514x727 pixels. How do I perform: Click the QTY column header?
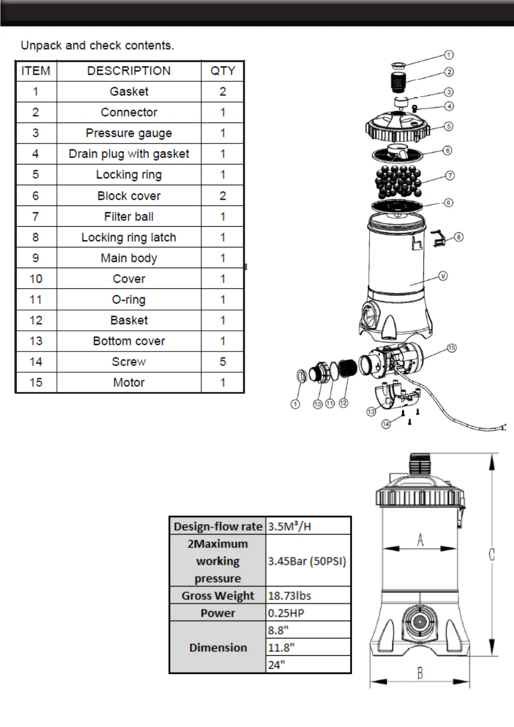coord(223,71)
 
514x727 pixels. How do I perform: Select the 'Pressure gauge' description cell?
coord(129,133)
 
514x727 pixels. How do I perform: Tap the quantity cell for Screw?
coord(223,362)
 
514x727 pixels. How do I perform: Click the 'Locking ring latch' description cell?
coord(129,237)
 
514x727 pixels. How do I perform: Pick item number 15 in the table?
coord(36,382)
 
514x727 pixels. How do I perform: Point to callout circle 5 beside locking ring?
coord(449,126)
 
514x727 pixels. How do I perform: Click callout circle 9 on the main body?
coord(443,275)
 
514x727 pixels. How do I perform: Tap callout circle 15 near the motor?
coord(452,348)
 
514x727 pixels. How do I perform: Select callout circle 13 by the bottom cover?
coord(371,411)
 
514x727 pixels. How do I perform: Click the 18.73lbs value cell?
coord(307,596)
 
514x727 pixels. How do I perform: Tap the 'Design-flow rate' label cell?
coord(218,526)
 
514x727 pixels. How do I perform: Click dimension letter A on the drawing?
coord(420,540)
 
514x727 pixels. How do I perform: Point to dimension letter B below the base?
coord(419,673)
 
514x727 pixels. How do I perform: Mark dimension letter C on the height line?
coord(492,554)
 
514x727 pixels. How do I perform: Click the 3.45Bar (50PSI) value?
coord(307,561)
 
